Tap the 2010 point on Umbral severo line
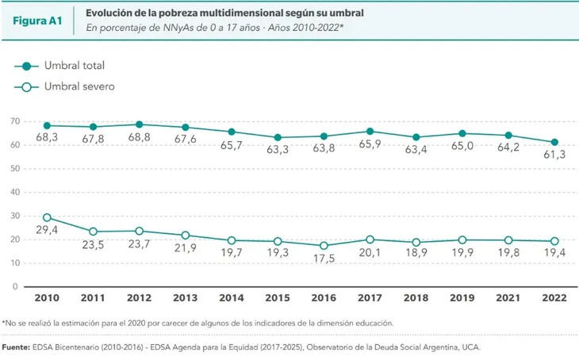[48, 217]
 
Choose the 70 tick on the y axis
[16, 121]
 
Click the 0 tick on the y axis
[16, 285]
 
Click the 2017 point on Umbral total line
[370, 131]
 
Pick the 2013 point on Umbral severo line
[186, 235]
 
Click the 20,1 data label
[370, 254]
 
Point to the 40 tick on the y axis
[16, 192]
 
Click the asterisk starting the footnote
[5, 323]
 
